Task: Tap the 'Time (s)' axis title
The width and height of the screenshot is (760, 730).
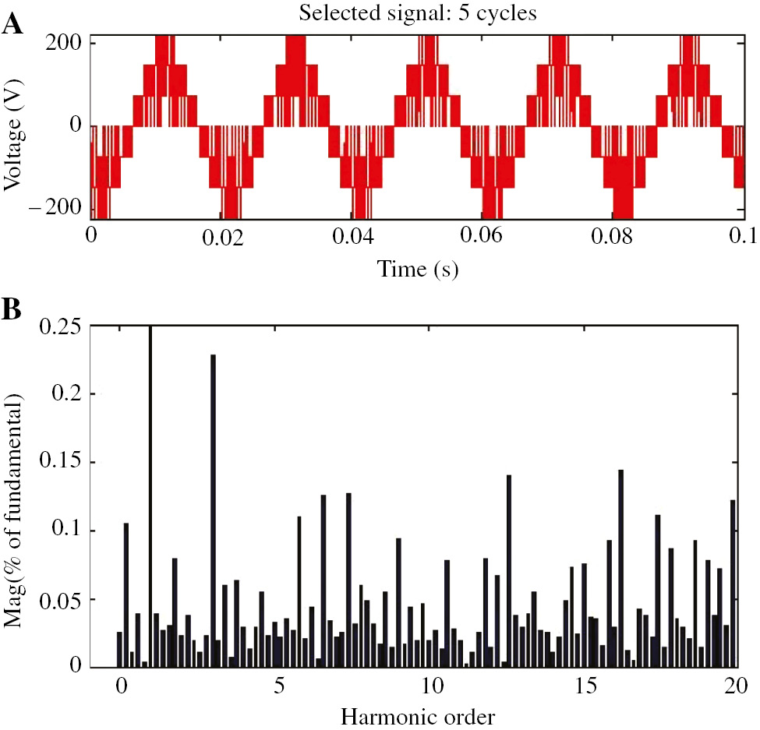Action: coord(418,270)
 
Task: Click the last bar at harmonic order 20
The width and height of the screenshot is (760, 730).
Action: coord(733,584)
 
